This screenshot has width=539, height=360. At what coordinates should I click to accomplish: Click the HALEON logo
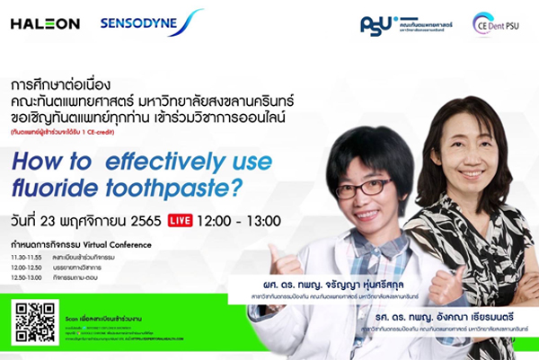45,23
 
